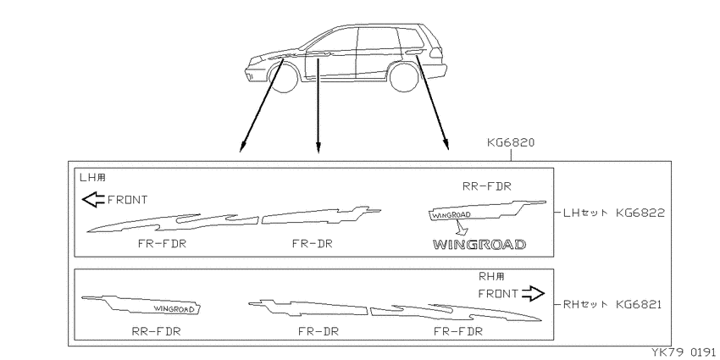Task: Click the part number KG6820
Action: (511, 143)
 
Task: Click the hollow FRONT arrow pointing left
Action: (93, 200)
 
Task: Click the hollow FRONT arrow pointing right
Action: (533, 293)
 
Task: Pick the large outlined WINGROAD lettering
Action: (479, 245)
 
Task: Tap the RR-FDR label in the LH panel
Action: (486, 186)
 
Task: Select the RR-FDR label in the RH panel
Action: (156, 331)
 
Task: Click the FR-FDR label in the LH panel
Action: (162, 244)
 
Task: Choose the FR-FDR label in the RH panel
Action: (457, 331)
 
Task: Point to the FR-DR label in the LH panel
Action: (313, 244)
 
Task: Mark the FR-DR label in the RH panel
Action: (318, 331)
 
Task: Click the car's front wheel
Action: (285, 78)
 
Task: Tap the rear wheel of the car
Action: (404, 77)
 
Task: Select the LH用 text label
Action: (93, 177)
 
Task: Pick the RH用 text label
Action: (492, 276)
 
